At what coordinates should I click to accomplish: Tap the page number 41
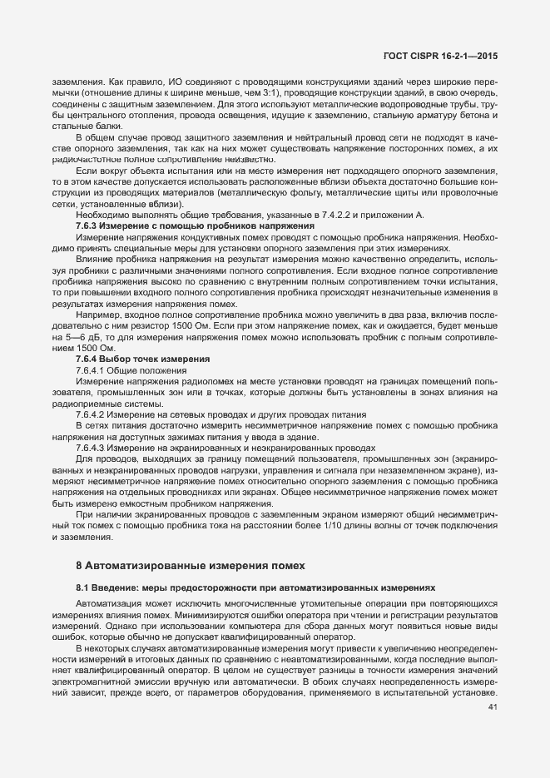point(491,707)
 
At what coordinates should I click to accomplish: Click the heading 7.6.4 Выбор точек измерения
point(142,358)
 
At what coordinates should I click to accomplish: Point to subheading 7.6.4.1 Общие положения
point(131,369)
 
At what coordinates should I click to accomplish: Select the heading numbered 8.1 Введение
point(102,587)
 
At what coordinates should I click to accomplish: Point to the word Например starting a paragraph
point(97,315)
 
